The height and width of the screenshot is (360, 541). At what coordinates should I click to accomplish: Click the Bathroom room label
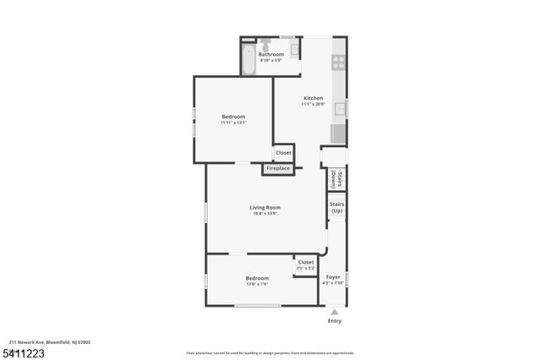[270, 54]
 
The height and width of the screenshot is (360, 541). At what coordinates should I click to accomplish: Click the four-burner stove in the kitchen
[339, 61]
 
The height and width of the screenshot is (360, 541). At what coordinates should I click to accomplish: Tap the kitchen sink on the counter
[340, 108]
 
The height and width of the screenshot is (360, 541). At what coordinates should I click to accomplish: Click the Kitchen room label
[313, 98]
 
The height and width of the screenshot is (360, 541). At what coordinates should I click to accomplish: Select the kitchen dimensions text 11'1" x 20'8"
[313, 105]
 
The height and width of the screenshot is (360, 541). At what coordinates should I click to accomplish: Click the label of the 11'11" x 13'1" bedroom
[233, 117]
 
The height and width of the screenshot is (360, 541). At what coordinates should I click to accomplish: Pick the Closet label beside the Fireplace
[283, 153]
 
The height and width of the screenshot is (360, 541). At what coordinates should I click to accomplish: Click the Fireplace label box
[278, 168]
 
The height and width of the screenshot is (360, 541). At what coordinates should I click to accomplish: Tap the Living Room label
[265, 207]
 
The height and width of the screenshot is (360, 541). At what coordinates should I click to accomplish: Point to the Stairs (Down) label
[336, 178]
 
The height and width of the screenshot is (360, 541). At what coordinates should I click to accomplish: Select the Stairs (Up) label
[336, 207]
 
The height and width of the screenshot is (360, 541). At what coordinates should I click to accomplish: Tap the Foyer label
[333, 277]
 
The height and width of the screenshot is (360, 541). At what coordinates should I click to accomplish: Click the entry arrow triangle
[334, 312]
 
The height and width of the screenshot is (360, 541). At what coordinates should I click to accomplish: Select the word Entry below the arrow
[334, 321]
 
